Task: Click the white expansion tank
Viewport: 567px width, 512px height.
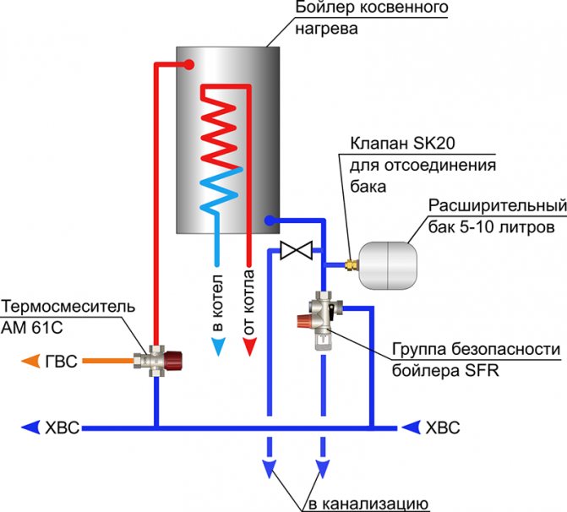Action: click(387, 266)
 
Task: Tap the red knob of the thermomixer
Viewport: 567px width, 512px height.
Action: click(173, 361)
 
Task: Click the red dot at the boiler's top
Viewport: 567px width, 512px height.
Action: click(188, 65)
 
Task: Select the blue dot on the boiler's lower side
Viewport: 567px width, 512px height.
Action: click(270, 220)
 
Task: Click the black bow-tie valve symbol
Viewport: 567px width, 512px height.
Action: click(296, 250)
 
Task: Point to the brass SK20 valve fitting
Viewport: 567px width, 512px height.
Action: click(350, 265)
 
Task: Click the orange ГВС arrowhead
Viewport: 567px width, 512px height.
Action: click(30, 361)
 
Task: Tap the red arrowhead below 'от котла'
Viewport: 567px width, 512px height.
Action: click(249, 347)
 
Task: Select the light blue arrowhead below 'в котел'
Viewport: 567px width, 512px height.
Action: click(218, 347)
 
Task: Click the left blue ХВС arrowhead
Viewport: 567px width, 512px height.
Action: click(30, 428)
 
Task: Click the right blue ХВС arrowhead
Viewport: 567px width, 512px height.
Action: click(412, 428)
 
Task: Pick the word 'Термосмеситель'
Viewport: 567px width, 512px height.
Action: click(68, 307)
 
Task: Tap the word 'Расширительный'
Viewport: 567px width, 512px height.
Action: click(498, 206)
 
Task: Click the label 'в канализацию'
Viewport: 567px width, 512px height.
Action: click(368, 504)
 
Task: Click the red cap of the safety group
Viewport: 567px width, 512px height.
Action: click(303, 321)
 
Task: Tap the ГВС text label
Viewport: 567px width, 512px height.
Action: click(62, 362)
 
